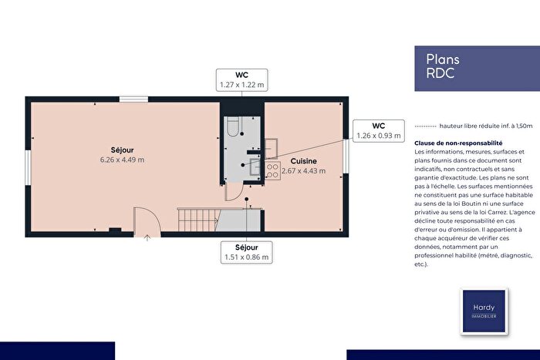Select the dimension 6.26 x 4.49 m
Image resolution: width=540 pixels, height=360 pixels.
pyautogui.click(x=122, y=160)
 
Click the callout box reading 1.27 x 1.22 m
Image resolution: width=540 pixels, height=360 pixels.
pyautogui.click(x=241, y=80)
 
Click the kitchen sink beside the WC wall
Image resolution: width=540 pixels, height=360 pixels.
pyautogui.click(x=272, y=146)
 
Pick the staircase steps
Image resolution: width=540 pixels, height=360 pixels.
pyautogui.click(x=199, y=219)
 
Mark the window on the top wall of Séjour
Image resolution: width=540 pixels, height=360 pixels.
pyautogui.click(x=134, y=99)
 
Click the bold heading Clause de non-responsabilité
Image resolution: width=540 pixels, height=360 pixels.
pyautogui.click(x=458, y=143)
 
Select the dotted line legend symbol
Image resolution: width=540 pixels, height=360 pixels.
pyautogui.click(x=424, y=126)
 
